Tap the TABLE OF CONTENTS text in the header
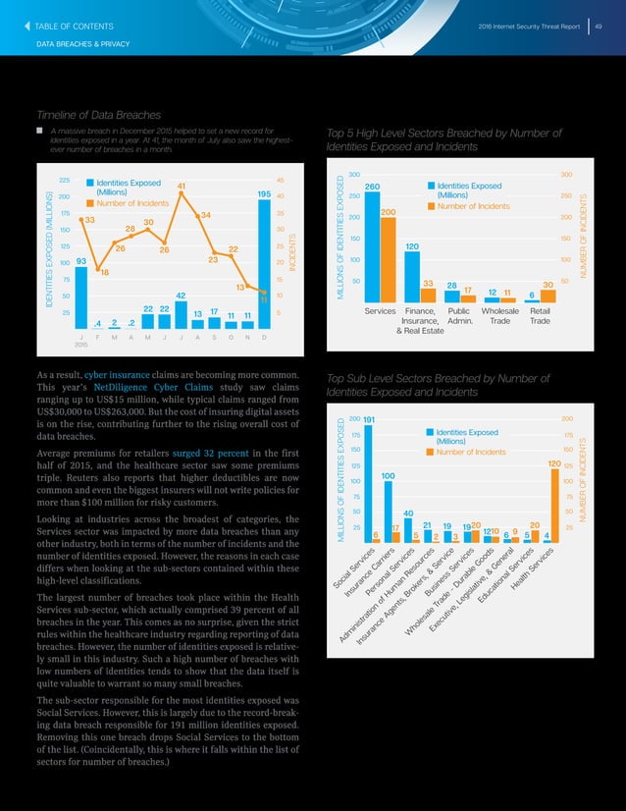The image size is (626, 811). pos(74,25)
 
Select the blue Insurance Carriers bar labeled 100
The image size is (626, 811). pos(388,511)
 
